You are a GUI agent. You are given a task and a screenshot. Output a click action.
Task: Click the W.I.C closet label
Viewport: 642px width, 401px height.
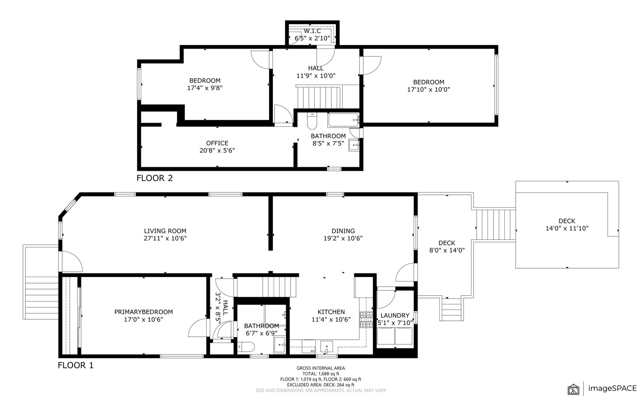tap(312, 31)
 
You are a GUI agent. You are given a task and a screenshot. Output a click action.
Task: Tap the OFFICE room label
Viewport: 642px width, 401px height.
tap(217, 143)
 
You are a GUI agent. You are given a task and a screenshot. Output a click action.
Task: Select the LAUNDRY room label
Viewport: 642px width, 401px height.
tap(395, 315)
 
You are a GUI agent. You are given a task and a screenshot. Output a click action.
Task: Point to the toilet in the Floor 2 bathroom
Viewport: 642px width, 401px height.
tap(311, 121)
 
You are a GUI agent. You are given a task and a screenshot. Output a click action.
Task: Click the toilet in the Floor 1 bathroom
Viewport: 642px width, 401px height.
tap(246, 347)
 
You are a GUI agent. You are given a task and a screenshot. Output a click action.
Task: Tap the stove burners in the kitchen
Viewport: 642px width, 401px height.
tap(366, 320)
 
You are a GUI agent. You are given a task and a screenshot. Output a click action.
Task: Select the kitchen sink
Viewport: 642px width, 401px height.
tap(327, 347)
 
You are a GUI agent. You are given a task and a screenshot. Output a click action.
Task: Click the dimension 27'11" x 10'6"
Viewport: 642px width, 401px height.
tap(165, 238)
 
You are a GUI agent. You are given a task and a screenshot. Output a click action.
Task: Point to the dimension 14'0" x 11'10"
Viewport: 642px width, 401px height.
tap(567, 229)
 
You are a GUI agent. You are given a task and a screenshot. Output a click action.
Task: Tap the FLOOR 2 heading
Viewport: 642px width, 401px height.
tap(155, 178)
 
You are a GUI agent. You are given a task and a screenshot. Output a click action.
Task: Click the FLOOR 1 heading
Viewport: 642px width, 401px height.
tap(76, 365)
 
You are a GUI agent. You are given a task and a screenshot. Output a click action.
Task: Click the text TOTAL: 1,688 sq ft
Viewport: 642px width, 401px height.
tap(321, 374)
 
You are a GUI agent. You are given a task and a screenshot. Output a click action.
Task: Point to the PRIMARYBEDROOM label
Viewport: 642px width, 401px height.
tap(143, 312)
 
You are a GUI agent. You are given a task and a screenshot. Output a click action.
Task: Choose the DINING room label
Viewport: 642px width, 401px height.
tap(343, 231)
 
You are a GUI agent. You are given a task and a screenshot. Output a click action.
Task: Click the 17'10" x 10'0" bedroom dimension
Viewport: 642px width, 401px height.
tap(429, 89)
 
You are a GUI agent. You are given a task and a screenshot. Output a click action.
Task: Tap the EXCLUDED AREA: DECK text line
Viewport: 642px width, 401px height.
tap(321, 385)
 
